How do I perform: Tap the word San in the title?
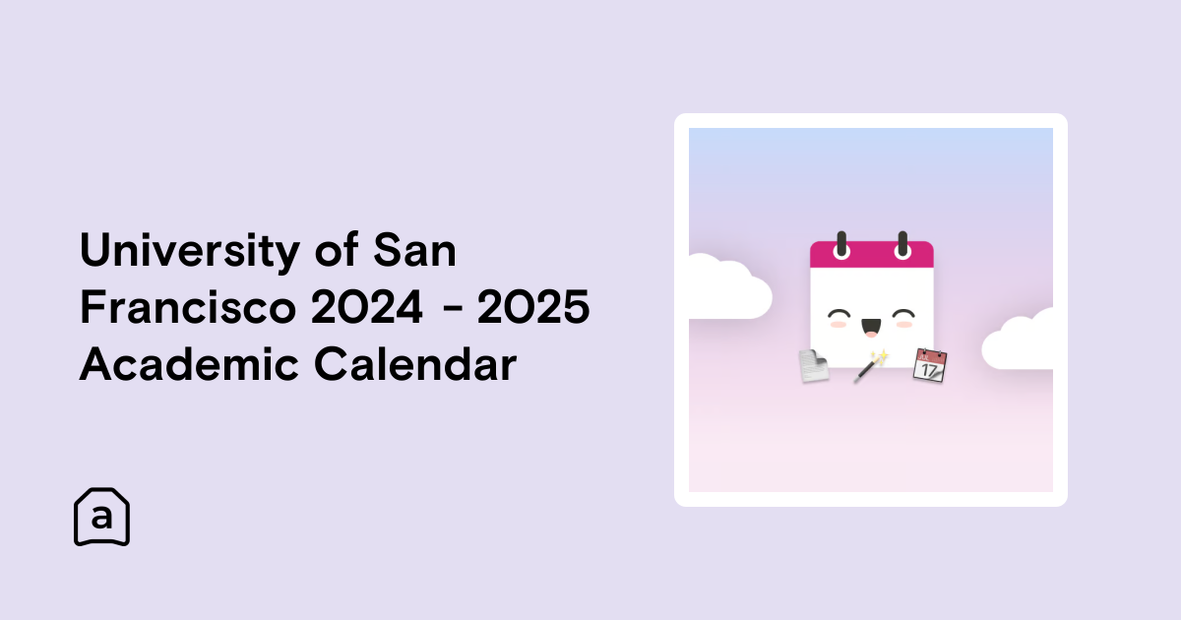415,249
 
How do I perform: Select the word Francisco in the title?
188,306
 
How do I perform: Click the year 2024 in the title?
367,306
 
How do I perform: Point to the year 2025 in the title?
533,306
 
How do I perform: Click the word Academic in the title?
189,363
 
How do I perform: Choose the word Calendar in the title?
415,363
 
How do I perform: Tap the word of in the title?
337,249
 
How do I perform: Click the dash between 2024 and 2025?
453,308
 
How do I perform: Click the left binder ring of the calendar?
841,245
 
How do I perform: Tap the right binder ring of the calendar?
902,245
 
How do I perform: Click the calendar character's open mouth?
871,327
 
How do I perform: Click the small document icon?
814,365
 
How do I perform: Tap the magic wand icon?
871,366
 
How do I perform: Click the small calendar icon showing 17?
930,365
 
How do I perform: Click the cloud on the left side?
730,286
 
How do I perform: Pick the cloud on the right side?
1018,341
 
